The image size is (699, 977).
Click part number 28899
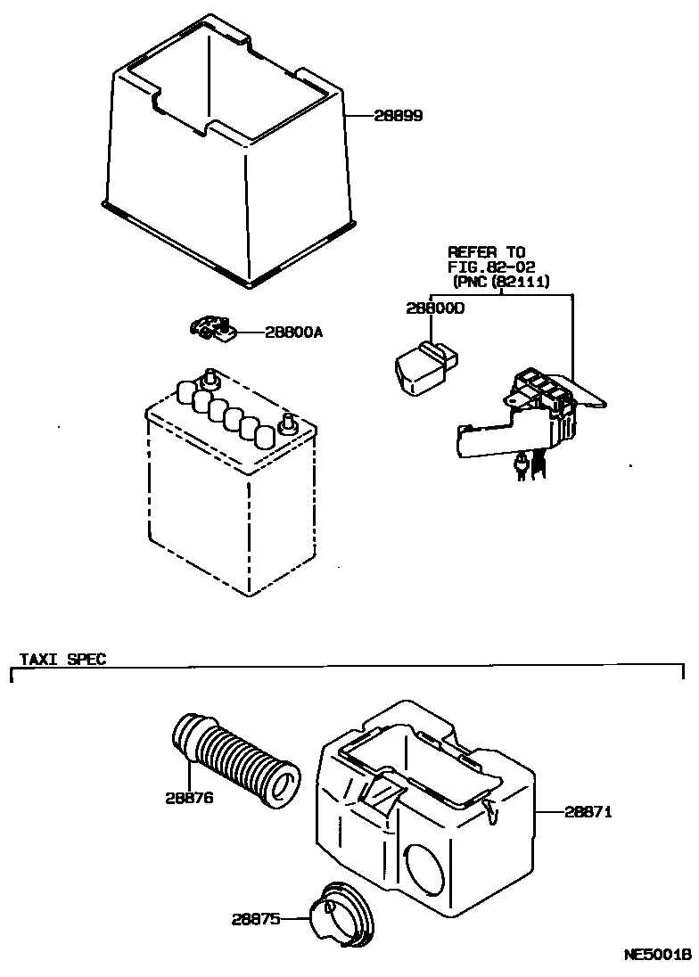(398, 117)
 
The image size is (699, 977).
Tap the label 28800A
(293, 333)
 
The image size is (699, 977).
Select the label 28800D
(437, 308)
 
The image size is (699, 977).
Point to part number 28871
(588, 812)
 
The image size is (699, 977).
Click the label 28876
(188, 798)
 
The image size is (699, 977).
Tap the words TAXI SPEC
(63, 660)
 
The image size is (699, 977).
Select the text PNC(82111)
(501, 281)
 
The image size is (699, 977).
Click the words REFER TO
(486, 252)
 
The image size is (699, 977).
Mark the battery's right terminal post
(287, 422)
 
